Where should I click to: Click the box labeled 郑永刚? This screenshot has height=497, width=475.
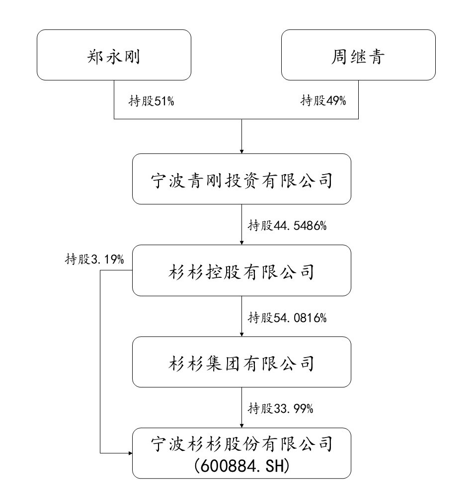click(x=114, y=55)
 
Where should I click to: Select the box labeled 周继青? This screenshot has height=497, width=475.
click(x=358, y=55)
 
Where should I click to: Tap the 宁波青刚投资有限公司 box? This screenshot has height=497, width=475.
click(x=241, y=179)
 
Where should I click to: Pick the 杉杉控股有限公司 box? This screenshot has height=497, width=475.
click(x=241, y=270)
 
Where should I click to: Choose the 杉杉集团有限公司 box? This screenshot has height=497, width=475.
click(x=241, y=362)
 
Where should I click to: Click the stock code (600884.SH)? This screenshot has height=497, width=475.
click(x=241, y=466)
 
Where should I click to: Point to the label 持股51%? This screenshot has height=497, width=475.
click(x=152, y=101)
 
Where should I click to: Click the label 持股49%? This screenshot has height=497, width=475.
click(x=323, y=101)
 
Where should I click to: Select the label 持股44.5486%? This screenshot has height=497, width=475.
click(x=287, y=226)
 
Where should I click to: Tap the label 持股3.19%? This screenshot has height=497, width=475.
click(x=94, y=259)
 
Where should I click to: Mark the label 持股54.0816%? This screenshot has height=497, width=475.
click(x=287, y=317)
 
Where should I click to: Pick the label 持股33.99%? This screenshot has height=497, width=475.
click(x=281, y=409)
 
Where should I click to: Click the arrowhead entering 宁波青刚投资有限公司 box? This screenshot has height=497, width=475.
click(x=241, y=151)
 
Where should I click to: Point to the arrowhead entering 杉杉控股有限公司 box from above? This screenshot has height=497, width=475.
click(x=241, y=243)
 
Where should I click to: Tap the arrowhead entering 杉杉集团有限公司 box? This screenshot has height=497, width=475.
click(x=241, y=334)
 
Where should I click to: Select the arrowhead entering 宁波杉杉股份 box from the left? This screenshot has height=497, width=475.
click(x=130, y=453)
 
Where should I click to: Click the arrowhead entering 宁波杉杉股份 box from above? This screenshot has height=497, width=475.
click(x=241, y=426)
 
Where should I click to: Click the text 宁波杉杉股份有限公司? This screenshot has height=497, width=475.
click(x=241, y=444)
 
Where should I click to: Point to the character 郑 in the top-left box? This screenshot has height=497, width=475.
click(x=96, y=57)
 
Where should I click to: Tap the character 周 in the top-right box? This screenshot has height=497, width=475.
click(x=339, y=57)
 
